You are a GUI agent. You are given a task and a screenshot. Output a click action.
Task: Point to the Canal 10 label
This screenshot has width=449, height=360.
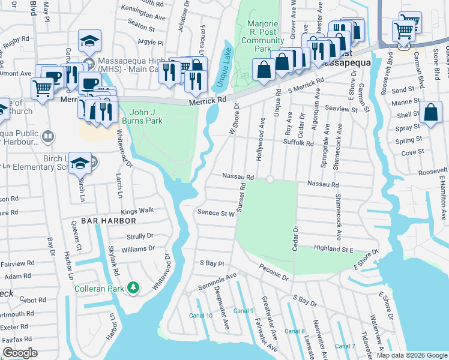tap(200, 316)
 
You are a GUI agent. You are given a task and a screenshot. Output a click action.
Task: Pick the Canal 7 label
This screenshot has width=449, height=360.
tap(345, 346)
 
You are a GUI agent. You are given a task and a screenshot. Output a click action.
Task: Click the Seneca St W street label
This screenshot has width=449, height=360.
tap(215, 213)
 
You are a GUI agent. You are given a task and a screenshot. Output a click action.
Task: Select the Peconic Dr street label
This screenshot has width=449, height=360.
tap(274, 272)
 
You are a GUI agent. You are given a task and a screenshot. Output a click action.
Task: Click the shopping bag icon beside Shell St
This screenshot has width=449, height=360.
tap(431, 112)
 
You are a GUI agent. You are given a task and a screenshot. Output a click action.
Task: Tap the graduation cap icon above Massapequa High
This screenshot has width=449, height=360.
tap(89, 41)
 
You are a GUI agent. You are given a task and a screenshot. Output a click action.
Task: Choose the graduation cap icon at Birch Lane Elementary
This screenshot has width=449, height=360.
tap(80, 163)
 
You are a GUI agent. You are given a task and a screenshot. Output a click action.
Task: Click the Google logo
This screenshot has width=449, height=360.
tap(20, 353)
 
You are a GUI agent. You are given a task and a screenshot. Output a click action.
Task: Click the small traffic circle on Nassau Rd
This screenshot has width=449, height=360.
tap(270, 179)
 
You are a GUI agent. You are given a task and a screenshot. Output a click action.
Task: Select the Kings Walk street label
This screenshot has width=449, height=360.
tap(137, 211)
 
